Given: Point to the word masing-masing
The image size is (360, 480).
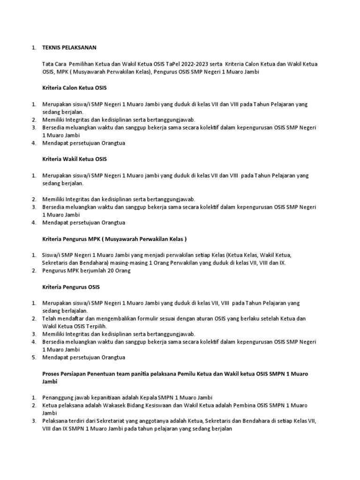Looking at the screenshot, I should pyautogui.click(x=125, y=262).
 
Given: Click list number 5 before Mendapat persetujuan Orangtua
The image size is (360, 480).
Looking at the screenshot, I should pyautogui.click(x=34, y=357).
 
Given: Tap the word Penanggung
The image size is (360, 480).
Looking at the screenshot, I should pyautogui.click(x=58, y=397).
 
